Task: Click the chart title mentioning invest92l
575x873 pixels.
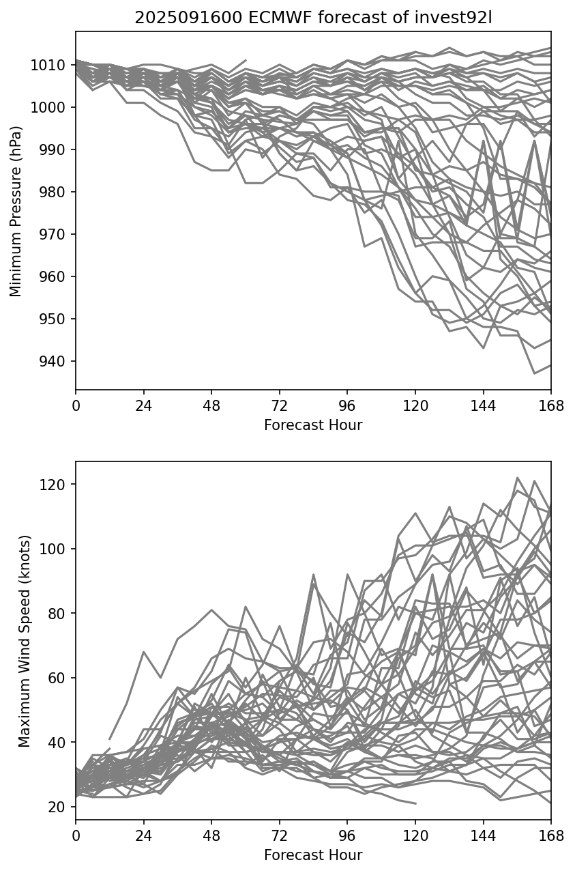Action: tap(313, 18)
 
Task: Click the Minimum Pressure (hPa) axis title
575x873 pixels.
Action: tap(16, 211)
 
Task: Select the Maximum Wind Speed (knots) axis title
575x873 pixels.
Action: tap(24, 641)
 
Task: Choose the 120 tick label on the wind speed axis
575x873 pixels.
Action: tap(55, 485)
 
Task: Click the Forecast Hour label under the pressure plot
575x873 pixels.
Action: tap(313, 425)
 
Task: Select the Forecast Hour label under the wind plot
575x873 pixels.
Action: tap(313, 855)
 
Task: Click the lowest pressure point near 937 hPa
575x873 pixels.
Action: tap(534, 373)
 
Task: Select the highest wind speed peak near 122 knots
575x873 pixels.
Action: tap(517, 478)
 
